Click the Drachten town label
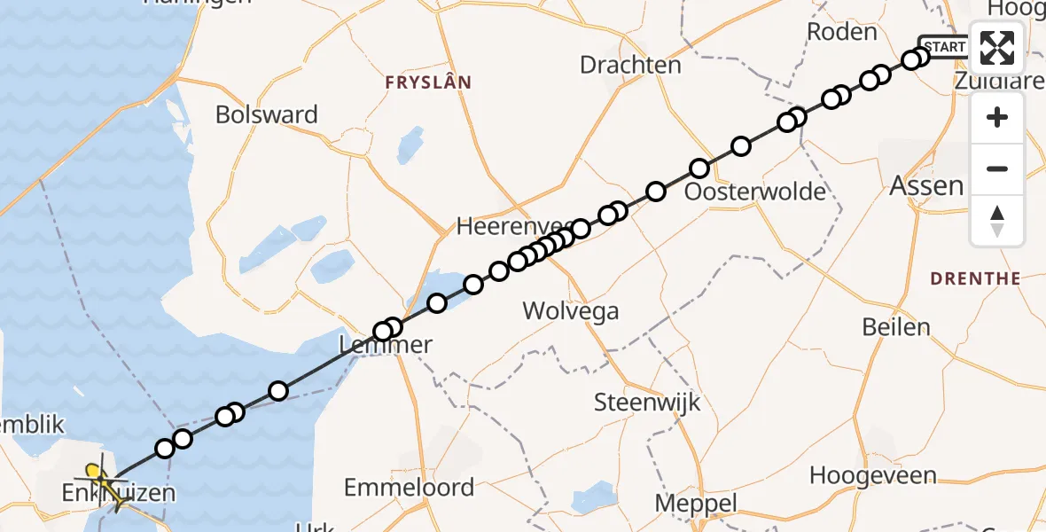[x=630, y=65]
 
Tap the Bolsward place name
[x=267, y=115]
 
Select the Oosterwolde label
[x=756, y=192]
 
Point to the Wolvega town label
[x=570, y=311]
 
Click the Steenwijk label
[x=647, y=403]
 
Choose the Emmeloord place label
[x=409, y=487]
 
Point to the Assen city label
[x=925, y=186]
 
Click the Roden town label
[x=841, y=32]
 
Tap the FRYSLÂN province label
[x=428, y=82]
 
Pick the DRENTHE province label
[x=975, y=278]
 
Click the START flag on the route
[x=943, y=47]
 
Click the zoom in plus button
[x=997, y=117]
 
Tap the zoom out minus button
[x=997, y=168]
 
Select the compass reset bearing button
[x=997, y=220]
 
